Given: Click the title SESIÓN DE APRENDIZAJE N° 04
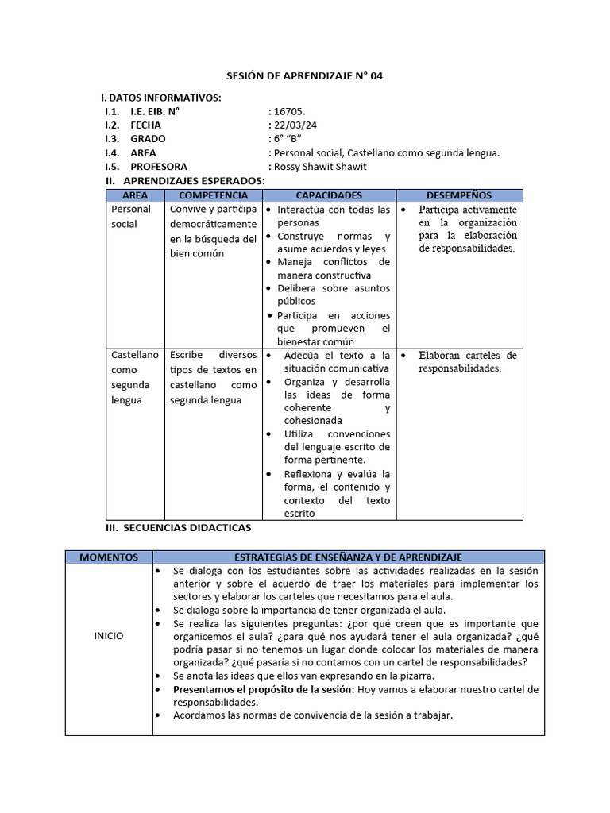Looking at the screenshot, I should pos(305,75).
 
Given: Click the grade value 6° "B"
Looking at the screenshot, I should pos(286,139).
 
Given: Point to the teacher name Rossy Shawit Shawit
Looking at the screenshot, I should pos(320,167).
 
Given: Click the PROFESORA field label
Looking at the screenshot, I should pos(159,167).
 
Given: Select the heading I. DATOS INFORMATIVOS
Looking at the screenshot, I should pos(161,98).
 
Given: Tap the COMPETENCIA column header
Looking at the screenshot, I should pos(214,195).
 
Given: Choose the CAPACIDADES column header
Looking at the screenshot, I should pos(329,195).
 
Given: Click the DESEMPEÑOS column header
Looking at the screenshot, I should pos(459,195).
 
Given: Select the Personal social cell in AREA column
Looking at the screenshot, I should pos(131,217).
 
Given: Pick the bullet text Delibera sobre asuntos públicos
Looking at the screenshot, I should pos(333,295).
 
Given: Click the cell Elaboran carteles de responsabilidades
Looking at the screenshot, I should pos(467,362).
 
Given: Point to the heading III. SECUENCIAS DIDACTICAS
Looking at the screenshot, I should pos(179,528).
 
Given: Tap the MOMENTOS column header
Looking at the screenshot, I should pos(109,557).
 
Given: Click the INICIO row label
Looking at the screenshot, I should pos(109,636).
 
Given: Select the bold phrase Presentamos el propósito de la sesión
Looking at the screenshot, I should pos(264,690).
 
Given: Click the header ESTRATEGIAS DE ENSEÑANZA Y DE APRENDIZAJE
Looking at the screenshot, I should pos(348,557).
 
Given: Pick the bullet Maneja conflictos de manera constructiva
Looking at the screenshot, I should pos(333,268).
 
